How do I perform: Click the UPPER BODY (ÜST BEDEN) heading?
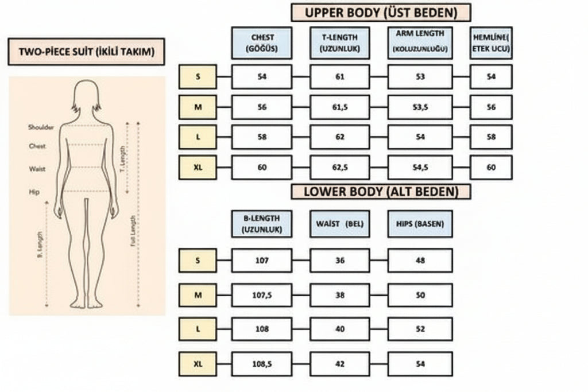point(381,13)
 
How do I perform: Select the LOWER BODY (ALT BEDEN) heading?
point(381,191)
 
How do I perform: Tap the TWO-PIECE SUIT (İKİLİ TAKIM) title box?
point(86,52)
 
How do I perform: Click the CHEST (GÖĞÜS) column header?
point(262,43)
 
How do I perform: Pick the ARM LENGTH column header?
point(420,43)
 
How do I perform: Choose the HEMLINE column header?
point(490,43)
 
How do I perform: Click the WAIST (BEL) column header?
point(339,224)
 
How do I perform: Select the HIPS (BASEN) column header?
point(420,224)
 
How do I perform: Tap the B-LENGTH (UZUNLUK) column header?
point(262,224)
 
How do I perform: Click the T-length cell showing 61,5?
point(339,107)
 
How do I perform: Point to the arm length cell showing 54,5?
point(420,168)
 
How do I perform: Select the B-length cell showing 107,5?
point(262,295)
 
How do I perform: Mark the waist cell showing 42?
point(339,364)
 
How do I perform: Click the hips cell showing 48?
point(420,261)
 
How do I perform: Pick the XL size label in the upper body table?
point(198,168)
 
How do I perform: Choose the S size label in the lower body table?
point(198,261)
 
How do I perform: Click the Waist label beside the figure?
point(37,169)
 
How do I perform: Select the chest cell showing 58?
point(262,137)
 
